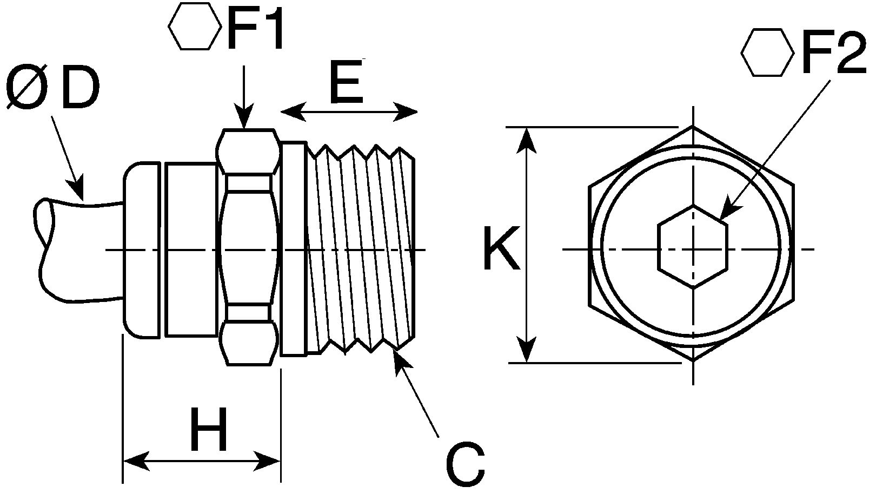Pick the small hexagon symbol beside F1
coord(194,26)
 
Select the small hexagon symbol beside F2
coord(767,52)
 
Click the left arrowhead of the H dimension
coord(136,461)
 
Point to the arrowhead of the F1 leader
coord(244,116)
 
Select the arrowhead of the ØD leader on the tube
coord(76,189)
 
